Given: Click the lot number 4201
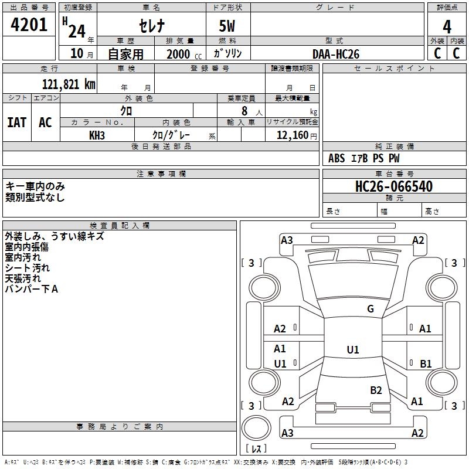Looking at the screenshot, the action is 29,25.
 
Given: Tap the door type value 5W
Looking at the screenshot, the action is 227,26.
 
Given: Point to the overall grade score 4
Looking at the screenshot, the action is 447,26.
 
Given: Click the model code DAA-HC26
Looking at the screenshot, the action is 336,54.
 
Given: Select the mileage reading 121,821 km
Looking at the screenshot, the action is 69,84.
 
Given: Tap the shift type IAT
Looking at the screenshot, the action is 16,123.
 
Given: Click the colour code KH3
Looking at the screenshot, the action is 97,135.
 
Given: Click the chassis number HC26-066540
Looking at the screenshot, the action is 394,186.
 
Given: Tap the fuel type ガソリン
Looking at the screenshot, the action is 227,53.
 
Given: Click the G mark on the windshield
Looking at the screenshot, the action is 370,309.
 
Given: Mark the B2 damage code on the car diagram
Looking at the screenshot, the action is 376,390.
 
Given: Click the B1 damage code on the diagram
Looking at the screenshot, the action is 426,363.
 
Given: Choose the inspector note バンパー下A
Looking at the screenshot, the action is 32,289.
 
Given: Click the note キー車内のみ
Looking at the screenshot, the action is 35,186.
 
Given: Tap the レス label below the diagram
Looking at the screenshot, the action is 259,448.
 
